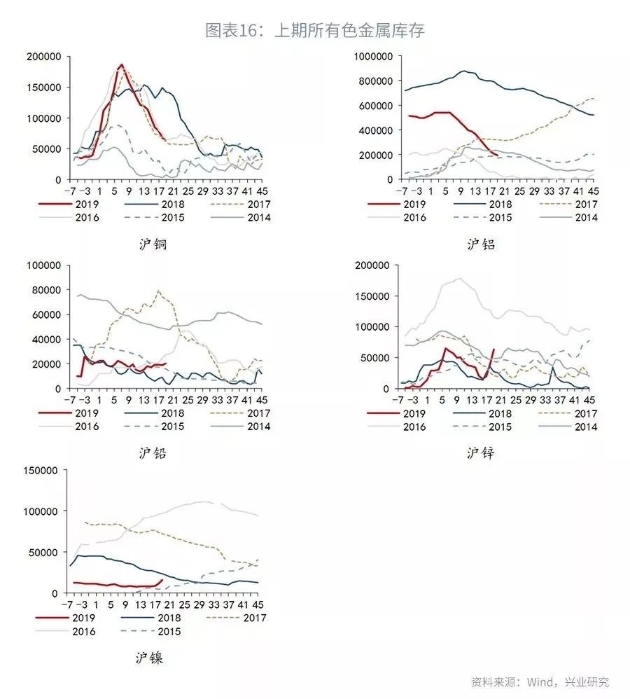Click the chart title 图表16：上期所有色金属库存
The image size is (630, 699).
314,31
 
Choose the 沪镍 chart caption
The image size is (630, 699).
150,658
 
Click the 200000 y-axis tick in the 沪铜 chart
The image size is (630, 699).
43,56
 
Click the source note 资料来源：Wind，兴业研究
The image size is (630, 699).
540,681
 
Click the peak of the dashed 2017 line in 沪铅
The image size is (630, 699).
159,291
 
